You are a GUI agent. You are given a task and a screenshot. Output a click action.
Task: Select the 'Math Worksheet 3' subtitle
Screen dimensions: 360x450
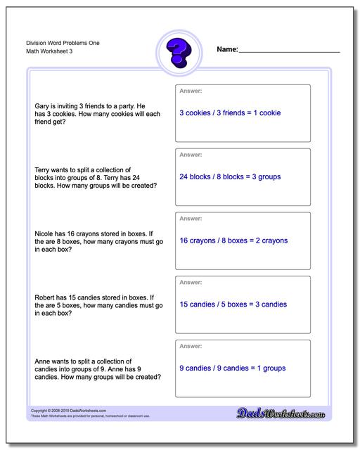[44, 53]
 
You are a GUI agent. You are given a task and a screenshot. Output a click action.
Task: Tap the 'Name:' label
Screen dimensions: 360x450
[227, 50]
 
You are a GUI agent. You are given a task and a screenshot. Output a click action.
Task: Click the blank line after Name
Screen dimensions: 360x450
[289, 51]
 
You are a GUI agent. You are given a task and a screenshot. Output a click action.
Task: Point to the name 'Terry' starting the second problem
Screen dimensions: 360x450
[43, 169]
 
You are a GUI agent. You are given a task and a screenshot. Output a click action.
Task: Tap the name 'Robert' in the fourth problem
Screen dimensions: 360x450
[45, 297]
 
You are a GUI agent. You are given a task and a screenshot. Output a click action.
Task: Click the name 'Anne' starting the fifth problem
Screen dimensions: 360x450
[43, 361]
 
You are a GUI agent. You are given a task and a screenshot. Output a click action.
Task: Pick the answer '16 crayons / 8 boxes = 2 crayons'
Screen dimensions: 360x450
[233, 240]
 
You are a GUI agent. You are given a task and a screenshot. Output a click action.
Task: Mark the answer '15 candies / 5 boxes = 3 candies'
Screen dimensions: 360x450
[233, 304]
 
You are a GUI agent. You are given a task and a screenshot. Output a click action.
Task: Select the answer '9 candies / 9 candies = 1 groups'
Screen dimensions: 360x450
[231, 368]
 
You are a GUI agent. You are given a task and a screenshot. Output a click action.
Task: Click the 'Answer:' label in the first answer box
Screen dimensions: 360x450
[191, 91]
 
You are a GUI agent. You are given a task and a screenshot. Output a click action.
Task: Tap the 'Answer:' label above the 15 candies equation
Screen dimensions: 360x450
[191, 283]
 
